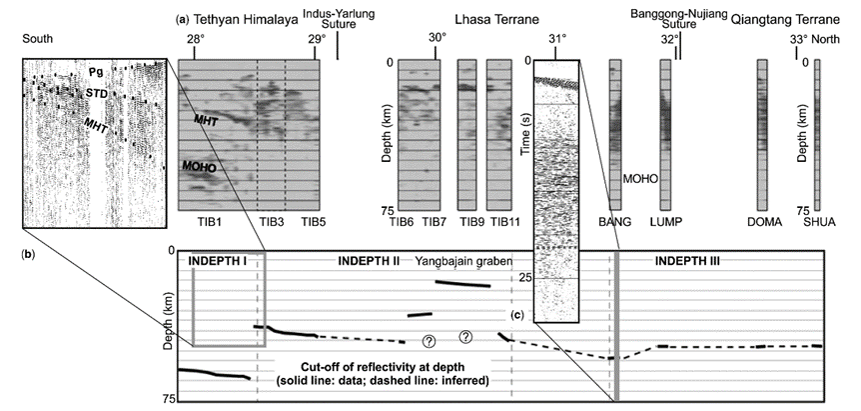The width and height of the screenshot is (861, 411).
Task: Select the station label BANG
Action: tap(614, 222)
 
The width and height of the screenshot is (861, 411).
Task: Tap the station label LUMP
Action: tap(666, 222)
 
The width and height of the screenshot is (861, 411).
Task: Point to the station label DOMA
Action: tap(762, 222)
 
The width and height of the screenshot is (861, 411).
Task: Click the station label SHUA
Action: tap(819, 222)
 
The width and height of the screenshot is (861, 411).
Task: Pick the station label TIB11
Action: tap(502, 222)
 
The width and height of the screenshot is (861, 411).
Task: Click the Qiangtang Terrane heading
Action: tap(785, 20)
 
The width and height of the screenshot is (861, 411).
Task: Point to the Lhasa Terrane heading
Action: tap(496, 20)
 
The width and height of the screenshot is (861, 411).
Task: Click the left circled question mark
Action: tap(429, 341)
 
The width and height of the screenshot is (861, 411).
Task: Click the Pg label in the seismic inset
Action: tap(97, 71)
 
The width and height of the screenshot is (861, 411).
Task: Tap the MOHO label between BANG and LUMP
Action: tap(639, 179)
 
